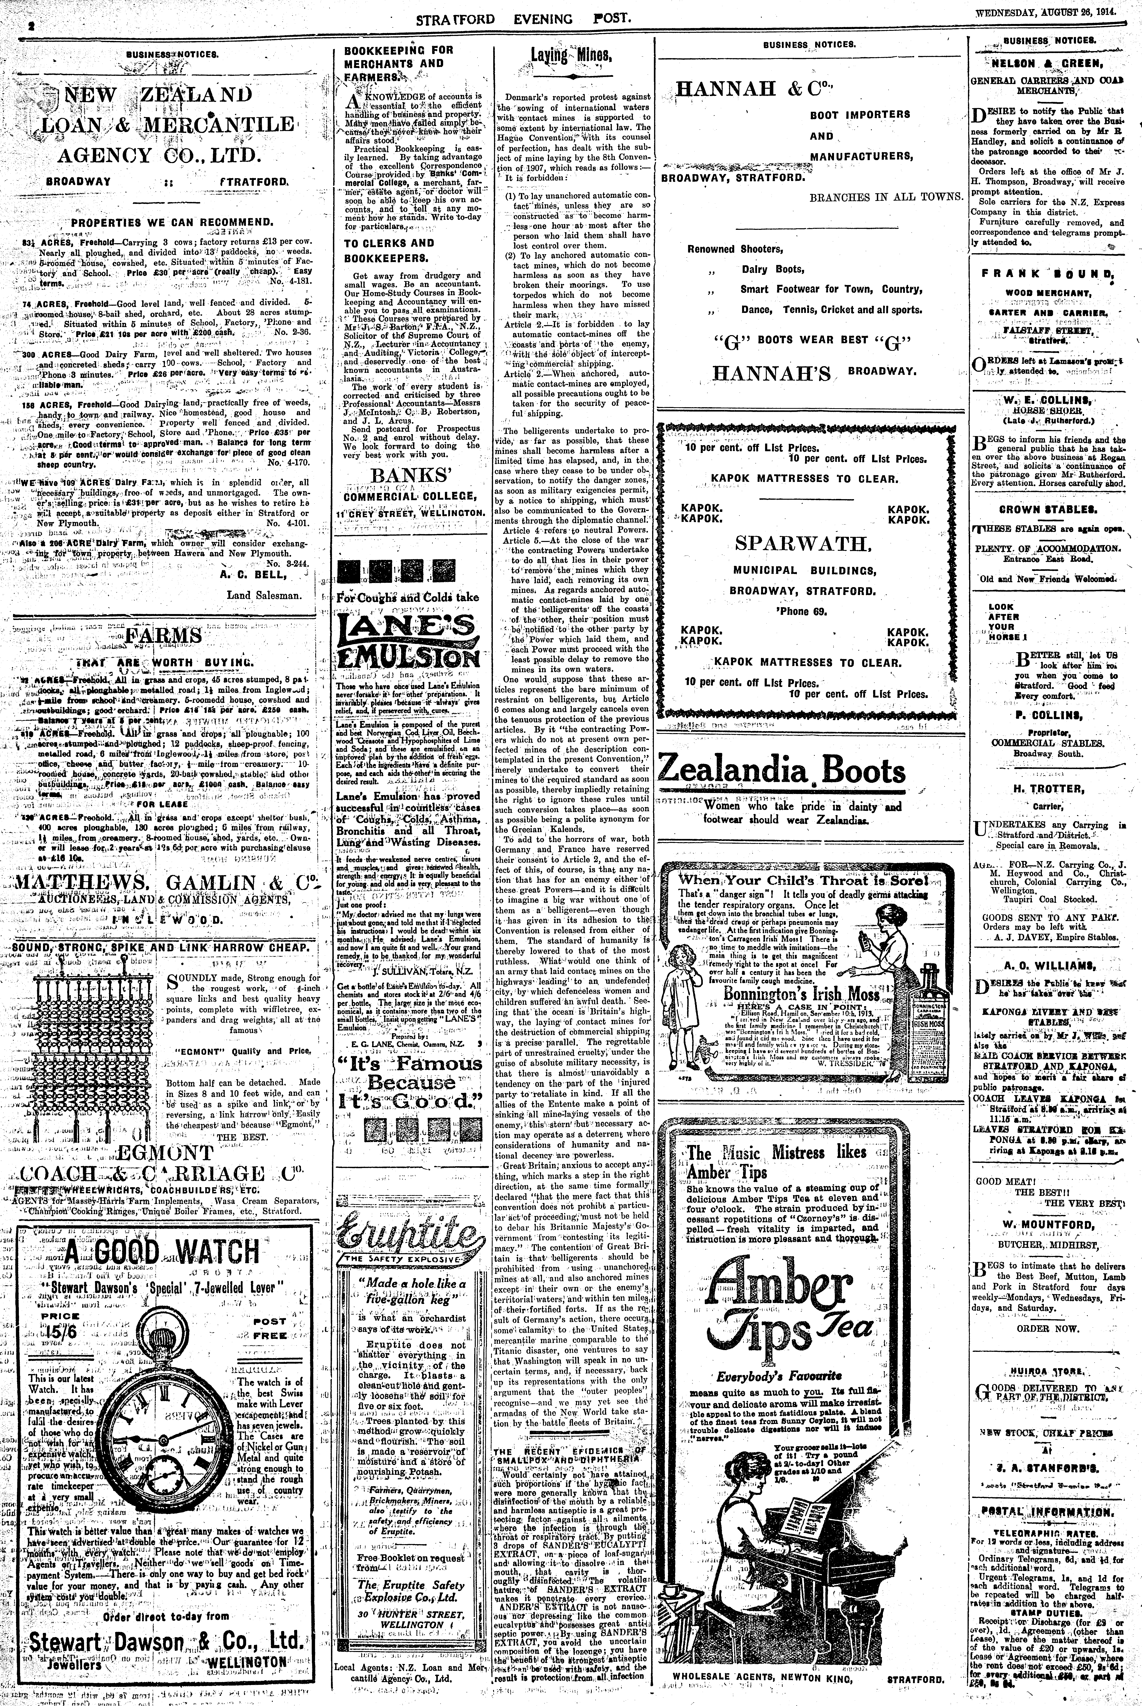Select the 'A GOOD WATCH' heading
click(x=162, y=1252)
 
